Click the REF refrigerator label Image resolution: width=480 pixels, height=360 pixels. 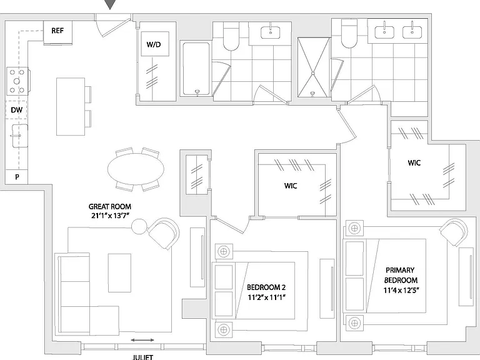point(57,31)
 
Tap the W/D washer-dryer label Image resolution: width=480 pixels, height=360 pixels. point(154,44)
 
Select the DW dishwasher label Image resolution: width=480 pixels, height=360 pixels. point(16,110)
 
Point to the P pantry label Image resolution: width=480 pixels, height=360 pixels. point(17,177)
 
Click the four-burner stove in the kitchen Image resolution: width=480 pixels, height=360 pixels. point(17,81)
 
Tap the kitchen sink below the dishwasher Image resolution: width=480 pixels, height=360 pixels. point(19,136)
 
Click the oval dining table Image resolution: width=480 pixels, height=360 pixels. point(136,169)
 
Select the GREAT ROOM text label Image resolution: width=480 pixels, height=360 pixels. point(110,207)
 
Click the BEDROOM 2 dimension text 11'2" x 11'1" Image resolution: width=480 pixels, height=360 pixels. point(266,297)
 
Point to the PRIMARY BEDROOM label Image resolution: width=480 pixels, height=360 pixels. point(401,275)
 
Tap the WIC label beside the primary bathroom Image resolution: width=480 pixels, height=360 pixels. point(414,162)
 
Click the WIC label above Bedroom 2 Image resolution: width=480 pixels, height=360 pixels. point(291,186)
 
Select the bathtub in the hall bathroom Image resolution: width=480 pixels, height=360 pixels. point(196,69)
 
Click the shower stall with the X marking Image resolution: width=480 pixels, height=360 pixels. point(314,67)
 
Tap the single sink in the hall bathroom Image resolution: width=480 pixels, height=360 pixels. point(270,32)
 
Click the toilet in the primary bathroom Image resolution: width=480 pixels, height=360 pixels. point(349,34)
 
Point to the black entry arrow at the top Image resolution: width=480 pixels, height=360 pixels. point(110,4)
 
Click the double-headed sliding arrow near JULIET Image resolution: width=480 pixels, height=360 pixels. point(142,340)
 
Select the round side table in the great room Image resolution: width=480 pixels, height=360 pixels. point(139,226)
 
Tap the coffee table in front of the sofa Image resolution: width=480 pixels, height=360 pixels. point(119,272)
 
